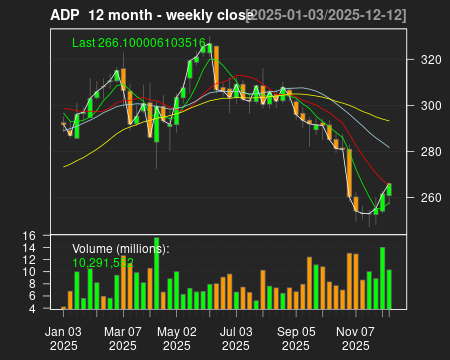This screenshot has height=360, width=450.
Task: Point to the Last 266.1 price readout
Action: pyautogui.click(x=139, y=44)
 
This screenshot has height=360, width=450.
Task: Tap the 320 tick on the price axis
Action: pyautogui.click(x=431, y=60)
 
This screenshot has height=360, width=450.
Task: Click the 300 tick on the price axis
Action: pyautogui.click(x=431, y=106)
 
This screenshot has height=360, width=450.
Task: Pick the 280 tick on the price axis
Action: pyautogui.click(x=431, y=152)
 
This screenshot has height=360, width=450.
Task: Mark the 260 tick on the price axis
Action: pyautogui.click(x=431, y=198)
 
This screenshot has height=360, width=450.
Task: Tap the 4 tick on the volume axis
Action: pyautogui.click(x=32, y=309)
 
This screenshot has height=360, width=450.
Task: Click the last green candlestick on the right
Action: pyautogui.click(x=389, y=189)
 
